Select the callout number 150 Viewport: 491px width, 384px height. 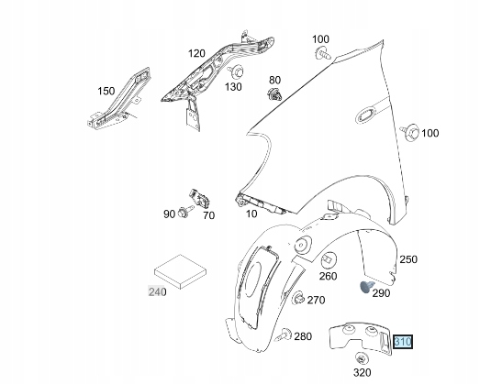(107, 91)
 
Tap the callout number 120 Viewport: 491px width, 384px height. (196, 54)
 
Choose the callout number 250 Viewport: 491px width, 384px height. (407, 259)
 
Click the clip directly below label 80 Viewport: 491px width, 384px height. (273, 97)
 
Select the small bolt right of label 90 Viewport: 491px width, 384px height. (184, 214)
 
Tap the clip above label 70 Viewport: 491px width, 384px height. (200, 198)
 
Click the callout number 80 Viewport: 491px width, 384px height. (274, 80)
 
